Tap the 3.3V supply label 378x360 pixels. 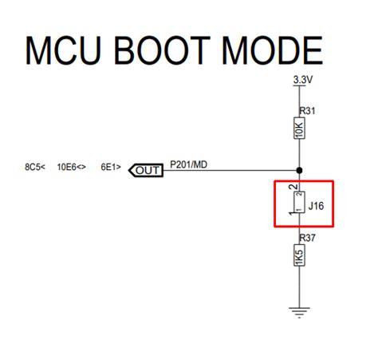tap(303, 81)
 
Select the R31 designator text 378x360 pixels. tap(306, 111)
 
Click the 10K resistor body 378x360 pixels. tap(298, 130)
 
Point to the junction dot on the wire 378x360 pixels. tap(298, 170)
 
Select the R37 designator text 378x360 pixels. tap(306, 238)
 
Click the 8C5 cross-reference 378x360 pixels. tap(34, 168)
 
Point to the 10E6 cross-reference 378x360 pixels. tap(72, 168)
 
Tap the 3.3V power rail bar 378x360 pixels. tap(298, 86)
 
